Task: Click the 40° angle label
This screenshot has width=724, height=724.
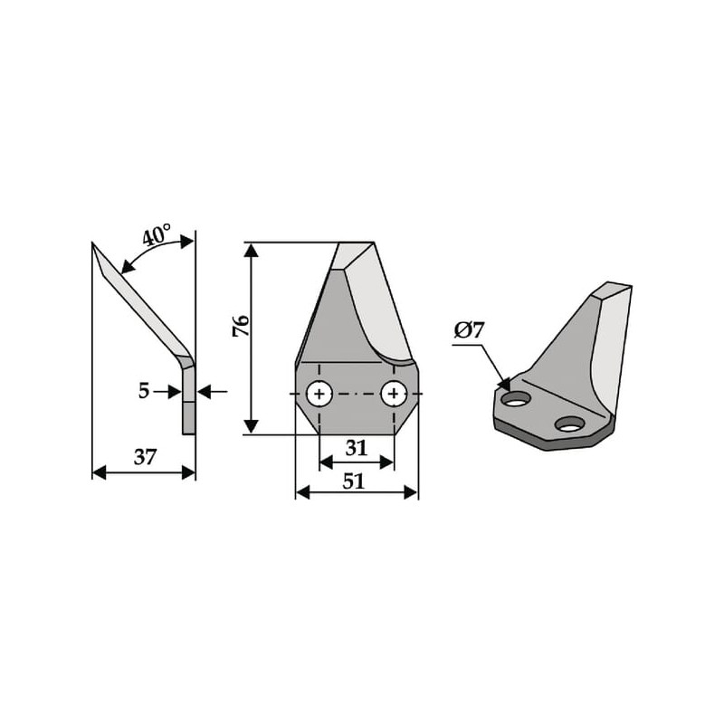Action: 157,235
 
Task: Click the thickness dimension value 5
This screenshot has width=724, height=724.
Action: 144,391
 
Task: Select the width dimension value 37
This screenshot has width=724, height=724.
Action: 146,457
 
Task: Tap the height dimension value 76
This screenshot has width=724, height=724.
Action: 241,326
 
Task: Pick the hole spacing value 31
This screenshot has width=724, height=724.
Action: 356,448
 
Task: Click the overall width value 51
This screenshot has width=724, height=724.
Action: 354,481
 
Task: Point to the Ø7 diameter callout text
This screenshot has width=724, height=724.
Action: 469,330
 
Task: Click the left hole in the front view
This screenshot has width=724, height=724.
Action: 319,394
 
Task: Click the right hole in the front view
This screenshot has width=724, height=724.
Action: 394,394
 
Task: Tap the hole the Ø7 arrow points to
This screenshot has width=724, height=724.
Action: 517,399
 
